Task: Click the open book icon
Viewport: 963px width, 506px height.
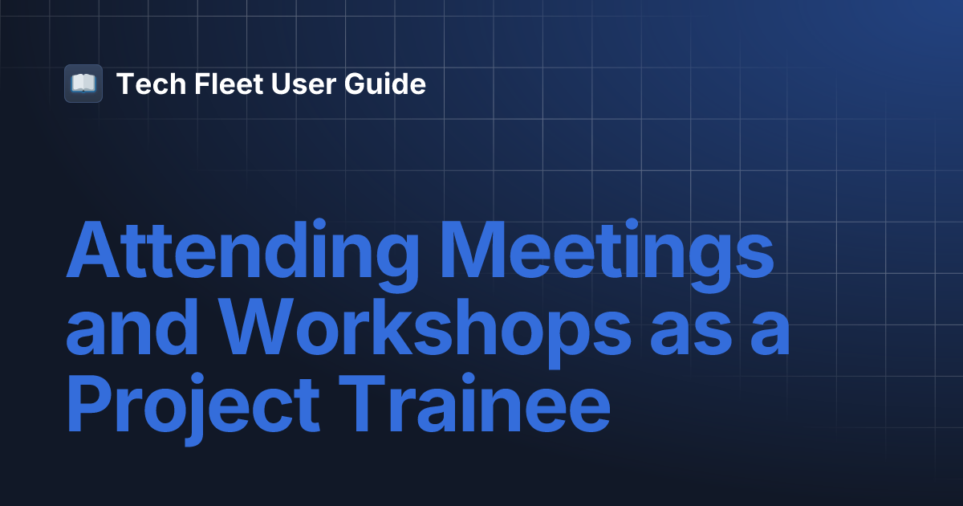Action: coord(83,84)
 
